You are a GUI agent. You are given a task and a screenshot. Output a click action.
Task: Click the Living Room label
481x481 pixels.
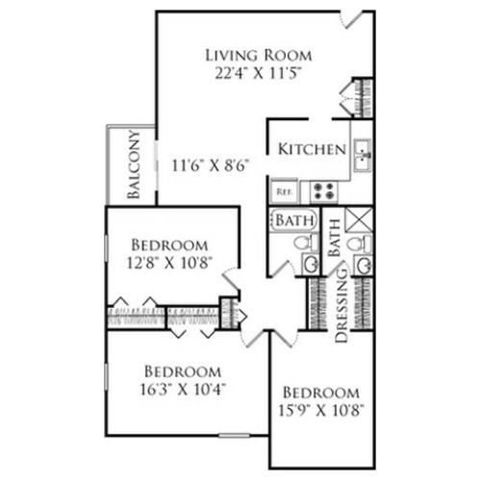click(x=258, y=55)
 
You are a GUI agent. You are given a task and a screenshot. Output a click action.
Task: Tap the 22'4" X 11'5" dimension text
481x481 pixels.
click(x=258, y=73)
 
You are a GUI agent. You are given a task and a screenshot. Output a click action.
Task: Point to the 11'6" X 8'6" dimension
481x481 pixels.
click(x=211, y=165)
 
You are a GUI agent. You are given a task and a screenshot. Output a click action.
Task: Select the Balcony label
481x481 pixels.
click(x=134, y=165)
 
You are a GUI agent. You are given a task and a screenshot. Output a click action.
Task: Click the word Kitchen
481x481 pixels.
click(x=312, y=149)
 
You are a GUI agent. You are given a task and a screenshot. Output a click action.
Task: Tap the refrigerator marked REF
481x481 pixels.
click(x=284, y=191)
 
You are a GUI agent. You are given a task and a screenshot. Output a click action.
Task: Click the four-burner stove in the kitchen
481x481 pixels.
click(x=324, y=191)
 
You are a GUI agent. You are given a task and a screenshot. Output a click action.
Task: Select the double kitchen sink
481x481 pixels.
click(x=363, y=155)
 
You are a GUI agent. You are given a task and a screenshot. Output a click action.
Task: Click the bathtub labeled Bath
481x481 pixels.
click(x=293, y=220)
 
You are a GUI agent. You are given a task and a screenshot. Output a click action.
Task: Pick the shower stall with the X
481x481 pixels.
click(x=359, y=219)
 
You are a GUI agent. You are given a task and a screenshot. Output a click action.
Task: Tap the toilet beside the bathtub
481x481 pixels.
click(x=306, y=242)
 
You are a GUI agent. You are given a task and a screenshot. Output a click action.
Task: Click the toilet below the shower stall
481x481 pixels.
click(x=360, y=243)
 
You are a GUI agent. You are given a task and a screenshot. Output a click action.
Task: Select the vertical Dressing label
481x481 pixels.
click(x=341, y=305)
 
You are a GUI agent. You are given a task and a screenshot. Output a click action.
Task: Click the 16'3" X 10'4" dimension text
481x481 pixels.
click(x=183, y=390)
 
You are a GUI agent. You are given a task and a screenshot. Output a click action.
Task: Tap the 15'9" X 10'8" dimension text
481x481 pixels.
click(x=321, y=410)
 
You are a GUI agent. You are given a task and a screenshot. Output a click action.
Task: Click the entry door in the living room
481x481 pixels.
click(x=352, y=20)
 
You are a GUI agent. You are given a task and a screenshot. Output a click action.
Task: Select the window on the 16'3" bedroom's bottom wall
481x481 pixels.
click(x=234, y=436)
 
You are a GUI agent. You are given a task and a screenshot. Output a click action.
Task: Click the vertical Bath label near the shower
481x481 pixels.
click(x=334, y=238)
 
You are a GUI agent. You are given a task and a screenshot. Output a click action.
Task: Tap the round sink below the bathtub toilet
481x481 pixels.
click(x=310, y=265)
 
